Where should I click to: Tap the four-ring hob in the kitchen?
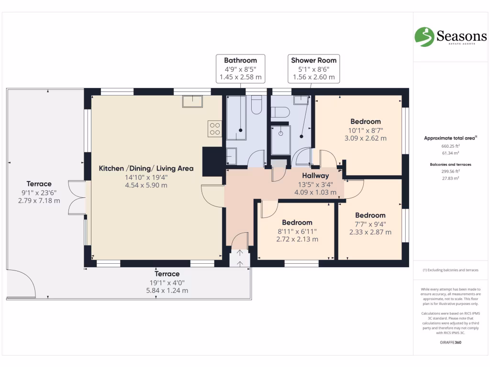(214, 128)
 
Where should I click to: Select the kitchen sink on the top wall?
(192, 101)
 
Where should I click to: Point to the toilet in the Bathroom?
(256, 105)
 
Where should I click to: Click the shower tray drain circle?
(281, 134)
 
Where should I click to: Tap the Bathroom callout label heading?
(240, 60)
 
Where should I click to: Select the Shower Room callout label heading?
(314, 60)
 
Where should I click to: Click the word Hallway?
(315, 176)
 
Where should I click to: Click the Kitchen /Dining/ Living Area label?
(146, 168)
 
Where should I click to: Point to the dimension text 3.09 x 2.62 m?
(366, 138)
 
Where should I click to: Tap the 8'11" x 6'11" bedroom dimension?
(297, 231)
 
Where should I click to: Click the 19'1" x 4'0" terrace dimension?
(167, 282)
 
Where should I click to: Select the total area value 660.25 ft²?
(450, 146)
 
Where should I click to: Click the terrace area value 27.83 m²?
(450, 177)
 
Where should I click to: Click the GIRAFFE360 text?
(450, 342)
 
